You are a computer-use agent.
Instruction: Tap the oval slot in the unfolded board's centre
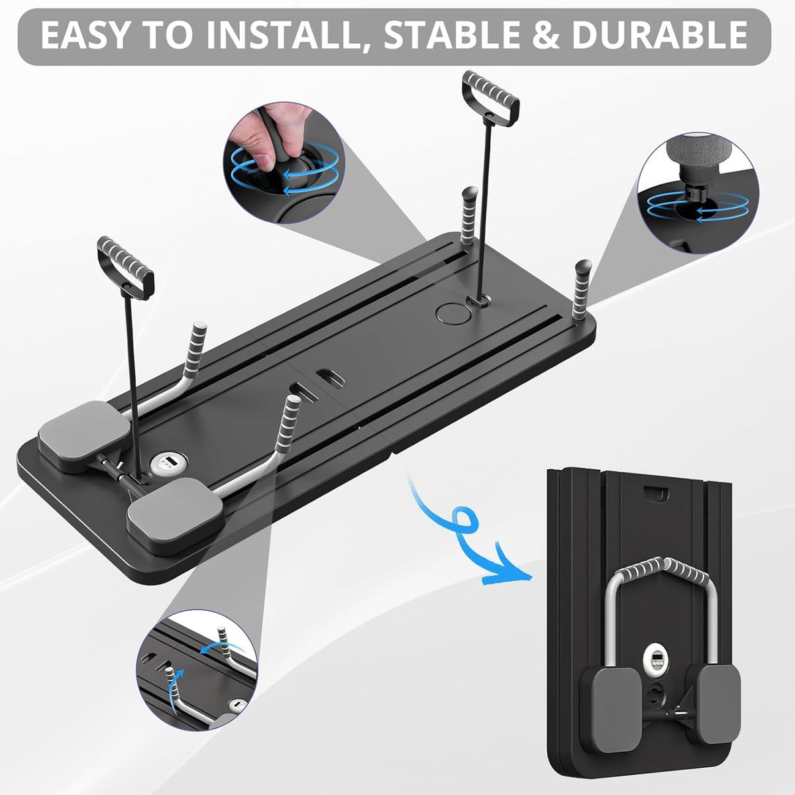pyautogui.click(x=329, y=375)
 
